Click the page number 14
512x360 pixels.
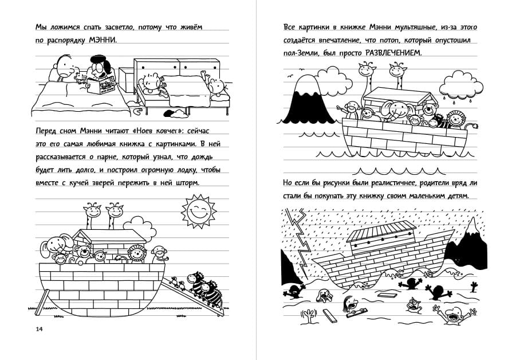[x=39, y=329]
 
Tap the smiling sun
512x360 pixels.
[x=199, y=210]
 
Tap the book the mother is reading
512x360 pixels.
[x=102, y=87]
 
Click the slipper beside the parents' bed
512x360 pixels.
[x=137, y=111]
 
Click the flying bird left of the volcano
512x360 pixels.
[x=290, y=76]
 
